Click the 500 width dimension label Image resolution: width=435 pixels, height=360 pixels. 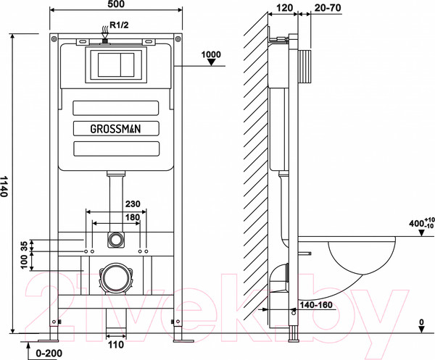point(115,4)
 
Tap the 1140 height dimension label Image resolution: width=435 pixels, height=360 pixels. point(4,186)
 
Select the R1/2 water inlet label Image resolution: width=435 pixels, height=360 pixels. point(120,25)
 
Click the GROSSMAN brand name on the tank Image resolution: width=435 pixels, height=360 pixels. point(116,129)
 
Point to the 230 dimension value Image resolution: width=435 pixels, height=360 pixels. point(133,204)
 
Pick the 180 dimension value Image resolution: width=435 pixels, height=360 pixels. point(133,217)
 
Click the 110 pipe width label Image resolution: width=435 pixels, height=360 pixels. point(116,345)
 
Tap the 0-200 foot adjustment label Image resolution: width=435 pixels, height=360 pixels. point(49,353)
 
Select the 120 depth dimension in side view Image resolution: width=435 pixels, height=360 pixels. point(285,8)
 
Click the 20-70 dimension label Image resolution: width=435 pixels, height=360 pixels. point(328,8)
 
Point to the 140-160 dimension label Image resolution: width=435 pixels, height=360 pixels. point(316,305)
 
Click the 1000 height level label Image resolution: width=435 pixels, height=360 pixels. point(211,54)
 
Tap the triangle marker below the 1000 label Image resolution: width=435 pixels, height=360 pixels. point(212,62)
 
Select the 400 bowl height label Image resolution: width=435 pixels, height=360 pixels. point(421,223)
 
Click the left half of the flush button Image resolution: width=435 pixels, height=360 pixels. point(109,64)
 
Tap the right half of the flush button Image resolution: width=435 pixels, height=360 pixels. point(128,64)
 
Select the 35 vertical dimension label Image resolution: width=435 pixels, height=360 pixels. point(24,246)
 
